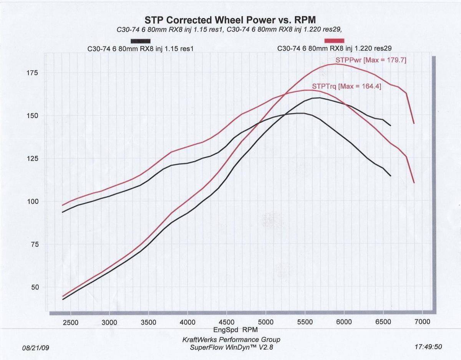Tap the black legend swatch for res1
[x=140, y=41]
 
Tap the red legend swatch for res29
[x=334, y=41]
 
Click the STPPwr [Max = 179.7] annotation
[x=371, y=60]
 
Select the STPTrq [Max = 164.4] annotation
[x=347, y=87]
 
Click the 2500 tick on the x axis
[x=70, y=322]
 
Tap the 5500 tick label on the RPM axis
[x=304, y=322]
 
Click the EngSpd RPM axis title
[x=235, y=330]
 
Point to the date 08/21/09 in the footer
[x=36, y=348]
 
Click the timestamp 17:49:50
[x=428, y=347]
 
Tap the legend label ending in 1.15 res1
[x=140, y=49]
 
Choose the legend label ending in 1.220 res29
[x=334, y=49]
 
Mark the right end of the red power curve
[x=414, y=123]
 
